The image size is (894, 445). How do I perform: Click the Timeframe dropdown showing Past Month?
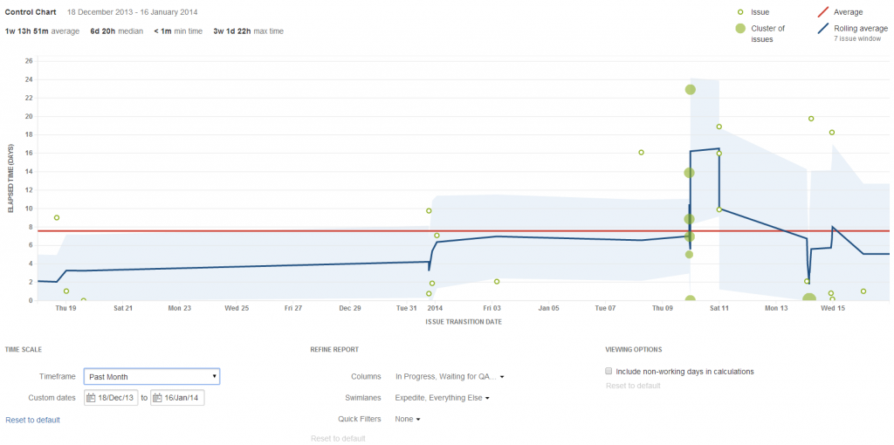point(152,377)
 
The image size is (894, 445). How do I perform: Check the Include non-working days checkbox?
point(609,371)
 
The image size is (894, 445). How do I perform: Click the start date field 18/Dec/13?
point(111,398)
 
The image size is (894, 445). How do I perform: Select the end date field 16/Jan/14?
point(177,398)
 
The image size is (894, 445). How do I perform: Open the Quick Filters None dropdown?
point(408,420)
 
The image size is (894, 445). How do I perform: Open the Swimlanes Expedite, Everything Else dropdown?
point(443,398)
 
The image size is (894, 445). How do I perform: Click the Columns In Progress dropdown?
point(450,377)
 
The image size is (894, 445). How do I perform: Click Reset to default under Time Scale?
point(32,421)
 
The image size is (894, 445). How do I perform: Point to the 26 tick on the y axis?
point(29,61)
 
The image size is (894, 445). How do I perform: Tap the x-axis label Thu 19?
point(65,308)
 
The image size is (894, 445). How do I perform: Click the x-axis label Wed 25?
point(237,308)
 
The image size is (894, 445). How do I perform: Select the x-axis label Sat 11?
point(719,308)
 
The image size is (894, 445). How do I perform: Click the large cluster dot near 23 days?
point(690,90)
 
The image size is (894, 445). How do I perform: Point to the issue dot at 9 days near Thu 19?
point(57,217)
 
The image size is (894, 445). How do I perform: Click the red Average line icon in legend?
point(822,12)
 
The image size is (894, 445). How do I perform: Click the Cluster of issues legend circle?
point(740,29)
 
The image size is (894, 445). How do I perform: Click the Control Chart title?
point(31,13)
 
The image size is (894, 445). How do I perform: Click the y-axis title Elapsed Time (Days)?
point(11,181)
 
